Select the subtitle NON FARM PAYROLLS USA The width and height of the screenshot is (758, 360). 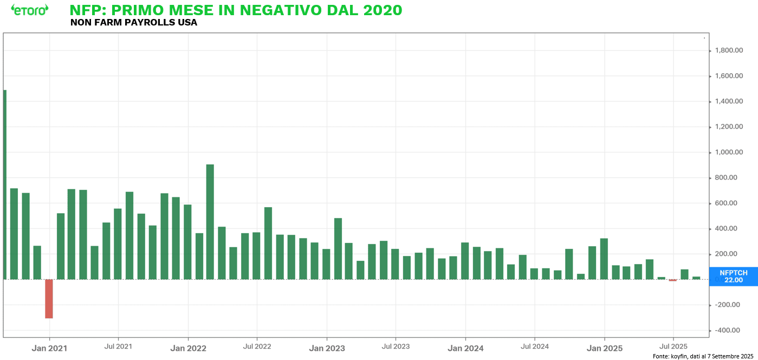point(134,23)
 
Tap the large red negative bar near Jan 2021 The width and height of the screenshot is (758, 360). point(49,299)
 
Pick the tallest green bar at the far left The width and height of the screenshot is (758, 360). point(5,184)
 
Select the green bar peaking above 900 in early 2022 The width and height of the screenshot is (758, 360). point(210,222)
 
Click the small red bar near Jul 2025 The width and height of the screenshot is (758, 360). point(673,280)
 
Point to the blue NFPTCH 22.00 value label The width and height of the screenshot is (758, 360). point(733,276)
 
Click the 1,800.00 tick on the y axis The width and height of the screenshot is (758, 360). point(729,50)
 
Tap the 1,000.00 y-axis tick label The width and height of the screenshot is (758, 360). point(729,152)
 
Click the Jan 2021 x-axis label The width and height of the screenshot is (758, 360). point(49,348)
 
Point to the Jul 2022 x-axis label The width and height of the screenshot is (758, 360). point(257,346)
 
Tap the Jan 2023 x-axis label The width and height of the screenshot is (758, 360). point(327,348)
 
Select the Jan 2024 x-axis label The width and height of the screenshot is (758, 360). point(465,348)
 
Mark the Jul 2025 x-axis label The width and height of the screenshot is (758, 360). point(673,346)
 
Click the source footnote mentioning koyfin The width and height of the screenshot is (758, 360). point(703,356)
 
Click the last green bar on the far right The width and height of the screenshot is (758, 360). point(696,278)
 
